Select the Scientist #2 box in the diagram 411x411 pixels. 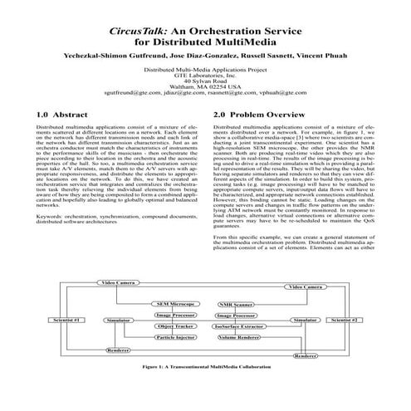coord(345,319)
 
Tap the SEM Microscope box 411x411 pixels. coord(174,305)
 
